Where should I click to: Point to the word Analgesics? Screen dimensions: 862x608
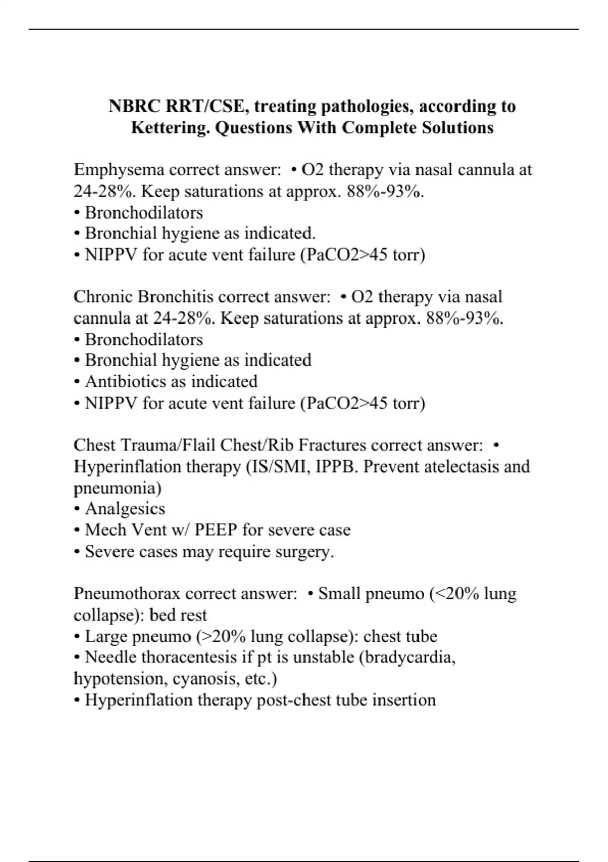click(125, 509)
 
